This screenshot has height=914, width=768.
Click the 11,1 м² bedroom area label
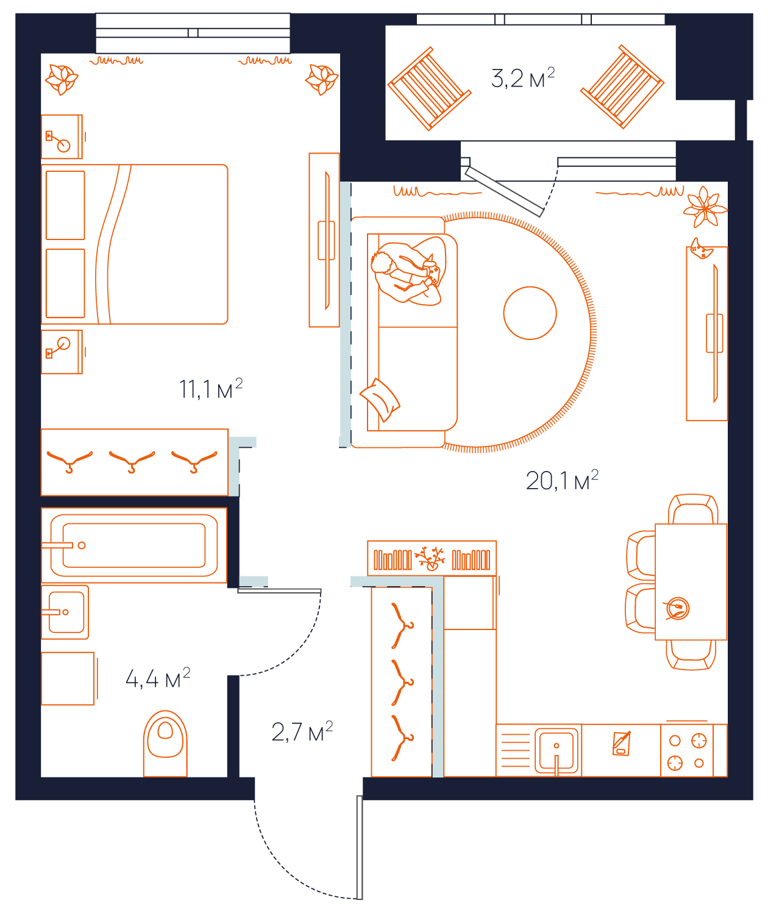pos(211,389)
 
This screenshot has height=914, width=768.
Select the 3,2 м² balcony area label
pos(523,78)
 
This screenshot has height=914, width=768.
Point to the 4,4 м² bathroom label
pos(158,678)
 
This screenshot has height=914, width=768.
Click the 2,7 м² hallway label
pos(302,731)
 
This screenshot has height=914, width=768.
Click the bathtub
pos(134,545)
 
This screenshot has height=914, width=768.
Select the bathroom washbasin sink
pos(65,612)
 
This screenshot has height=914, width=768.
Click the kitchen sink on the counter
pos(556,751)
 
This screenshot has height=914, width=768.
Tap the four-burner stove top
pos(686,751)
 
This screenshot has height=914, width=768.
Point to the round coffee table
pos(530,313)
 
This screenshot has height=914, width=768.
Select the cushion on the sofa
pos(380,400)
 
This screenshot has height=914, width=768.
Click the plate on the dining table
pos(677,608)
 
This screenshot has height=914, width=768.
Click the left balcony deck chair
pos(429,88)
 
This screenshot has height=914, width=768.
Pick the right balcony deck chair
pos(622,87)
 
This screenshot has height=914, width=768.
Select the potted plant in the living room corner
pos(705,207)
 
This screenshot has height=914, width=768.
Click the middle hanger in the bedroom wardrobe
pos(132,461)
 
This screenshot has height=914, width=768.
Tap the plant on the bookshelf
pos(430,558)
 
